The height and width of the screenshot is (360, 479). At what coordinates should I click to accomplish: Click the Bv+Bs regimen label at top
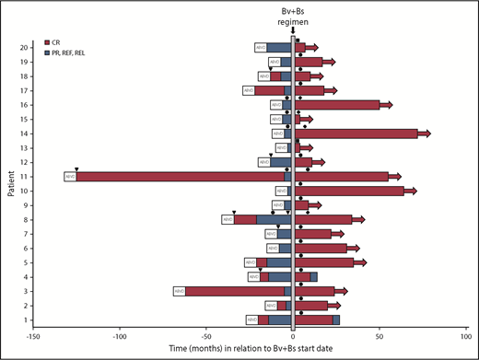point(293,15)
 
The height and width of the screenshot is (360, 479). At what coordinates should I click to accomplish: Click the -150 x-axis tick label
point(31,336)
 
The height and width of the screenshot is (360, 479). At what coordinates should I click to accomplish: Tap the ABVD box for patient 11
point(69,177)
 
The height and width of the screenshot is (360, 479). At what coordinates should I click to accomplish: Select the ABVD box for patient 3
point(179,291)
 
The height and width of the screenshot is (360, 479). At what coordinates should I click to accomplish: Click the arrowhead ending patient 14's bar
point(425,134)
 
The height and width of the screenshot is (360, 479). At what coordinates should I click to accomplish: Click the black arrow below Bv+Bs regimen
point(293,29)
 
